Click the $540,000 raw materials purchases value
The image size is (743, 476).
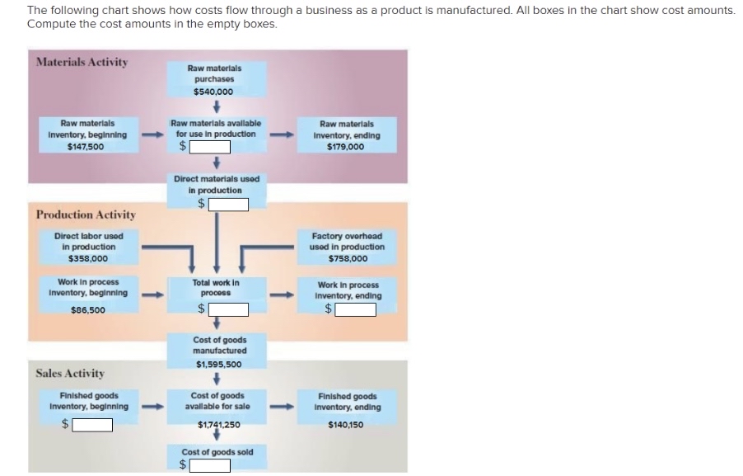(x=213, y=92)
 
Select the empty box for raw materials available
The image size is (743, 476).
(x=210, y=147)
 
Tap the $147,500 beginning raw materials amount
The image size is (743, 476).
(x=86, y=147)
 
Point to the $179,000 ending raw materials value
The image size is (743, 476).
(x=346, y=147)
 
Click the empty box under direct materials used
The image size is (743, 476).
(x=228, y=205)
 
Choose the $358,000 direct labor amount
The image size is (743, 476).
(x=88, y=259)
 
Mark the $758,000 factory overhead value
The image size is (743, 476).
(x=348, y=259)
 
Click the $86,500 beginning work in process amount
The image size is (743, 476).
(x=88, y=310)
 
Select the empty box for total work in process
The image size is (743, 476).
(x=228, y=309)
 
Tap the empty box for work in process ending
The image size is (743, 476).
(x=355, y=310)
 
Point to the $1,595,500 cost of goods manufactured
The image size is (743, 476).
(x=219, y=365)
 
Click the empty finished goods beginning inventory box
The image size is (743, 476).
(x=92, y=425)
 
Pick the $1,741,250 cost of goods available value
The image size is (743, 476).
(x=219, y=425)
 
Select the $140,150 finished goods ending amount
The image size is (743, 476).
(x=346, y=425)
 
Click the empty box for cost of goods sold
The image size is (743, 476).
(x=210, y=465)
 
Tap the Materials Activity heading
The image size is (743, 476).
(x=82, y=62)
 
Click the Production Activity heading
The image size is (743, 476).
(x=86, y=215)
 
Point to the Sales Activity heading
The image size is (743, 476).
(x=70, y=374)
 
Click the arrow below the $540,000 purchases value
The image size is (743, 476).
(x=216, y=105)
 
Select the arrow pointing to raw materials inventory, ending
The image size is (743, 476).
(x=282, y=135)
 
